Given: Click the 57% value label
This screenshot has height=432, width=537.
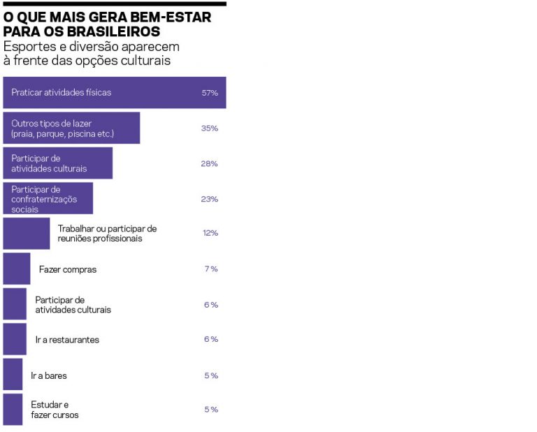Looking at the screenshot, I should tap(210, 93).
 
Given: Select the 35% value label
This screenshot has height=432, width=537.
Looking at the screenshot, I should tap(210, 129).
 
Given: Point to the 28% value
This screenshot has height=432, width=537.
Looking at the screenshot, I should tap(210, 164).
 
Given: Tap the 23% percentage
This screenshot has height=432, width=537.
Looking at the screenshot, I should tap(210, 199).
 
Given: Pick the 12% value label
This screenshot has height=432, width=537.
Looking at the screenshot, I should tap(210, 233).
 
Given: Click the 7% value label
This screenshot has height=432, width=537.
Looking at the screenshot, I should tap(211, 269).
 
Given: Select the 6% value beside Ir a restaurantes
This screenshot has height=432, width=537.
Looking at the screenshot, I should tap(211, 339).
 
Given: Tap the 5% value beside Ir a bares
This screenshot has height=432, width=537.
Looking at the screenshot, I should tap(211, 375).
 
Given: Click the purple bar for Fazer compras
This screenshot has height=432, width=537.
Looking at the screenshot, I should tap(17, 268).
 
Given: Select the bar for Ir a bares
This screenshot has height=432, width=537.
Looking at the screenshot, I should tap(13, 374).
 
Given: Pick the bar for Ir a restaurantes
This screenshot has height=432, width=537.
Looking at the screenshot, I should tap(15, 339).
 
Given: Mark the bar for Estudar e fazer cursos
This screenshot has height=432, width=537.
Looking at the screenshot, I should tap(13, 410).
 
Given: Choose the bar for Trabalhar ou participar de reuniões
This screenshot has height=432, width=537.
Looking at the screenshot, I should tap(27, 233).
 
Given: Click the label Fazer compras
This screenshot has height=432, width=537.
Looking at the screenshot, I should tap(68, 269).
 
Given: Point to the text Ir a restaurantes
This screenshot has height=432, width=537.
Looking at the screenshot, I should tap(67, 340).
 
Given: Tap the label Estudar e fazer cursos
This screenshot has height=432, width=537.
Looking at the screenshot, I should tap(55, 410).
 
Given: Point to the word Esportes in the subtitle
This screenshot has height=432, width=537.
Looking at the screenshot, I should tap(27, 46).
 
